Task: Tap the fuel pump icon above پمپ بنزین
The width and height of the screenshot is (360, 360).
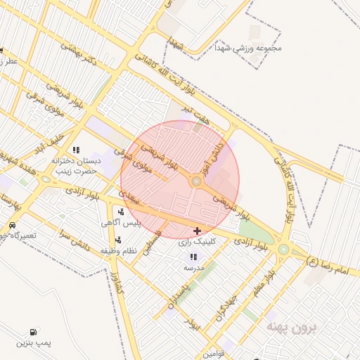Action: [x=33, y=332]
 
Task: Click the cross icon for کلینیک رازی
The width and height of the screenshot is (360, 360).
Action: [x=197, y=231]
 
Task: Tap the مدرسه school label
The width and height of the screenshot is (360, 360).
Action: [x=193, y=268]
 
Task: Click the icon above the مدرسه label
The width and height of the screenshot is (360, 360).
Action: [x=193, y=257]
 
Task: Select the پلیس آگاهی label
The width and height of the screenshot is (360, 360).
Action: [x=121, y=222]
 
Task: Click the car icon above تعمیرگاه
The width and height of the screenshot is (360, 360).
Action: [x=13, y=225]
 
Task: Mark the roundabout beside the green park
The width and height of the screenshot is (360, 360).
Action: [x=283, y=248]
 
